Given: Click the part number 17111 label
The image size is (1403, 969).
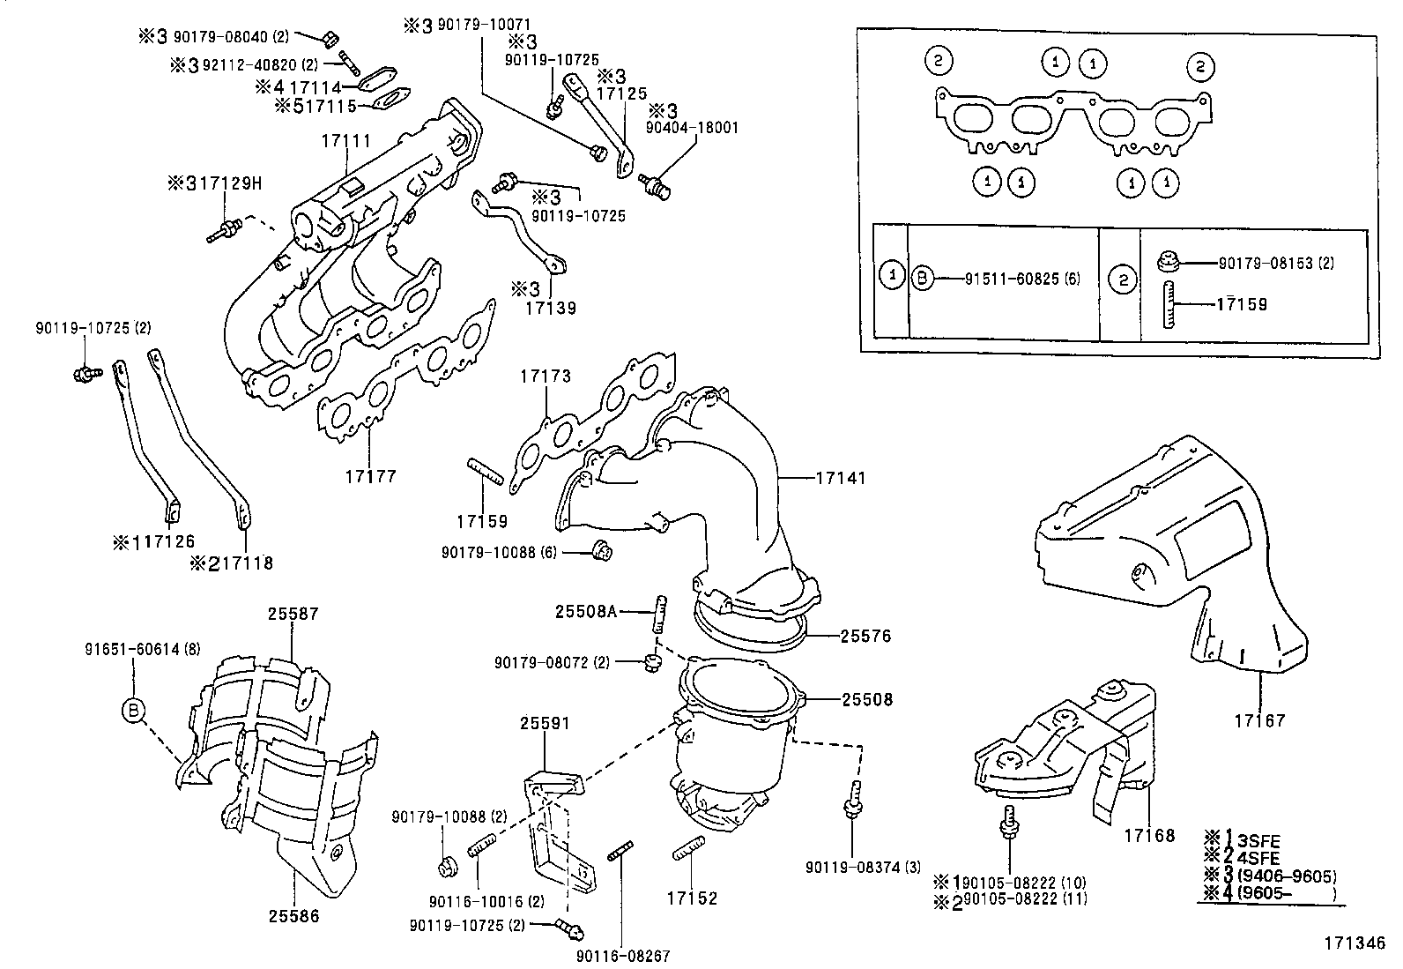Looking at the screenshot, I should [x=345, y=141].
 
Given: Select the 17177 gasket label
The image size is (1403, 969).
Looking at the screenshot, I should [x=370, y=476].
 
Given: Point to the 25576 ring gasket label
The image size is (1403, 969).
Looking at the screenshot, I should [x=865, y=636].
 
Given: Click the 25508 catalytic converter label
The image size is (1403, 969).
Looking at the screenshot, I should [x=866, y=699].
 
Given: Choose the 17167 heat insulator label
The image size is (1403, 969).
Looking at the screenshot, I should [x=1259, y=720].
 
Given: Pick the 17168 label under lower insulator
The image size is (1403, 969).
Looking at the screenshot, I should [x=1149, y=835].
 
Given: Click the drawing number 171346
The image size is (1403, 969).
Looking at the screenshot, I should [x=1355, y=943].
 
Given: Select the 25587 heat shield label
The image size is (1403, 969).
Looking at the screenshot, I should [x=293, y=614].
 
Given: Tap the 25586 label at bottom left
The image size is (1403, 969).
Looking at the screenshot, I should [x=293, y=916].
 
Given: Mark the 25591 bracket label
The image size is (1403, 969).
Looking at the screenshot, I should [x=545, y=724].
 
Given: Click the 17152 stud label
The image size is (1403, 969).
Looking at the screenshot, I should [x=692, y=898].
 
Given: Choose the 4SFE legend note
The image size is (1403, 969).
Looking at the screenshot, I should [x=1261, y=857].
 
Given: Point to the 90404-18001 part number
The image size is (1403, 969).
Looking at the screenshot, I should [x=692, y=128].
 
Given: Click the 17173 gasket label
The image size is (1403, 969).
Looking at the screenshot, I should [x=545, y=376].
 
